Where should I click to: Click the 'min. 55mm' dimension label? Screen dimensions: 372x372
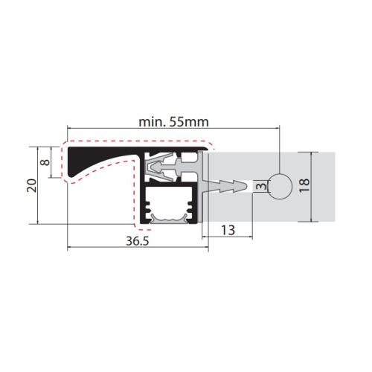tap(173, 122)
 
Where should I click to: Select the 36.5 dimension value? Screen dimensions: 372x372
tap(138, 241)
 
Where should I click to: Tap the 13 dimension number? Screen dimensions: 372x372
tap(228, 231)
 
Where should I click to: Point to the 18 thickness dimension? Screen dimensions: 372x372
tap(305, 185)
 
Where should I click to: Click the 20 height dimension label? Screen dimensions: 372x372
tap(32, 185)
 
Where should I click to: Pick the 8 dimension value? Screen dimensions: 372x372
tap(45, 162)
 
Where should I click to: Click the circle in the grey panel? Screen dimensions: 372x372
tap(280, 186)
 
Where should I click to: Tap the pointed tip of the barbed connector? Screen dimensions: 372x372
tap(248, 186)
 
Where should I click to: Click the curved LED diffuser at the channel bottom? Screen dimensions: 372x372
tap(170, 219)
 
